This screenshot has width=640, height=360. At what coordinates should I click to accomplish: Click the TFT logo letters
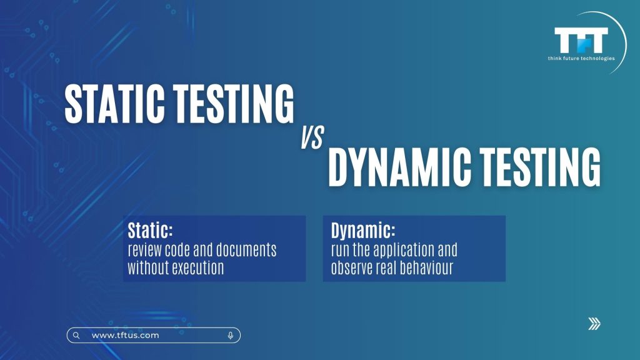[581, 40]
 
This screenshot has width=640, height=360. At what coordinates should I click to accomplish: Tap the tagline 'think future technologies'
[581, 58]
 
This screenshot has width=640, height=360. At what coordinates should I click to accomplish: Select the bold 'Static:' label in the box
[150, 230]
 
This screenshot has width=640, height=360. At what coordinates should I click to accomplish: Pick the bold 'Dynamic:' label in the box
[363, 231]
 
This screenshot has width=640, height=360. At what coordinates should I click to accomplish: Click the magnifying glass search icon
[76, 336]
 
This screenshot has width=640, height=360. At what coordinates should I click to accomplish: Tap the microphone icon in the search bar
[231, 336]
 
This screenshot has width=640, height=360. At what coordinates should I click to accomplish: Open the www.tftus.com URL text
[125, 336]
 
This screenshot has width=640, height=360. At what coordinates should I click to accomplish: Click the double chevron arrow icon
[594, 324]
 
